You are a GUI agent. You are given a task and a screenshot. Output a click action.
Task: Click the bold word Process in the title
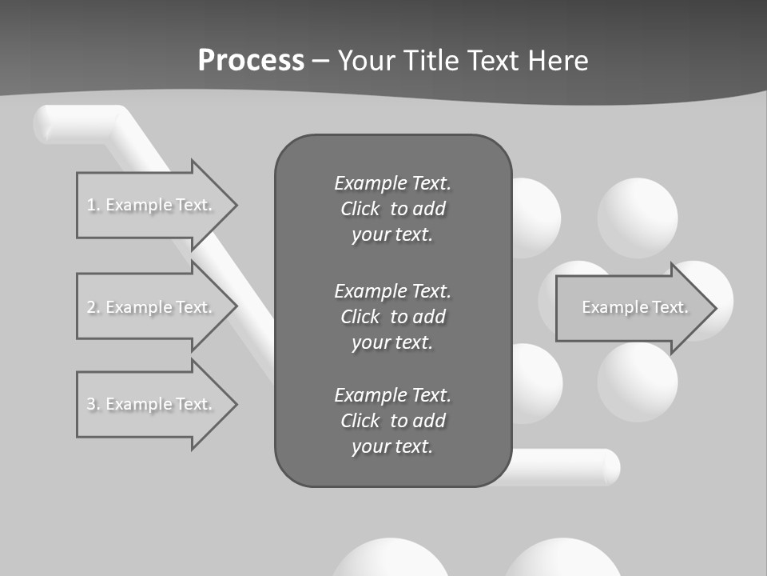point(251,61)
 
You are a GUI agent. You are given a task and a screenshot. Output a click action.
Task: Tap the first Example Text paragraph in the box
point(392,209)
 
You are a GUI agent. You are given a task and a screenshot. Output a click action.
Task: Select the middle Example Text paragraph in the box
point(392,317)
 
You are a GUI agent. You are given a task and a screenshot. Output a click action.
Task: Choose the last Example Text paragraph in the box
point(392,421)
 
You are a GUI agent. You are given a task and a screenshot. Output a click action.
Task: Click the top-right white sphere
point(638,218)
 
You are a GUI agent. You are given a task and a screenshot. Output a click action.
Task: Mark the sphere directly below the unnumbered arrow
point(638,382)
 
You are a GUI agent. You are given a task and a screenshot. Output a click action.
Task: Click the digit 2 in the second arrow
point(90,307)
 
